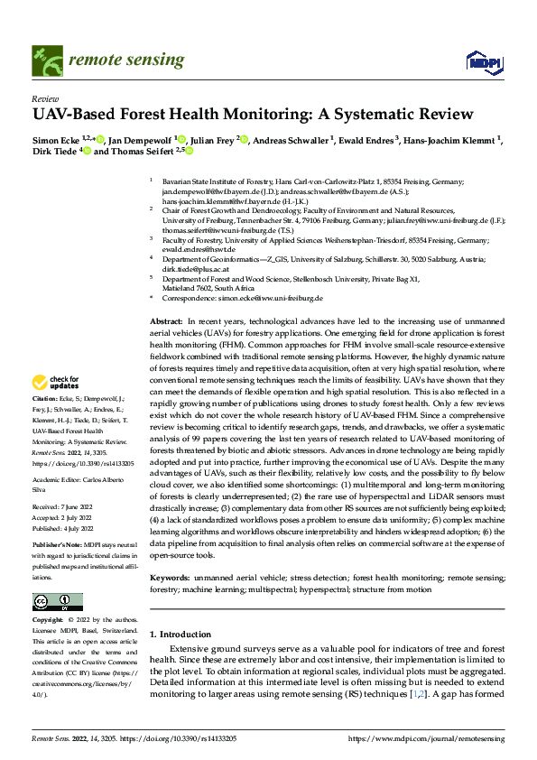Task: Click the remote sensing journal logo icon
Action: [44, 60]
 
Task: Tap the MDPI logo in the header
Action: [482, 61]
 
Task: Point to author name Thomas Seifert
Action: [150, 153]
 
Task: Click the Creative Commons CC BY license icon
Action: [58, 602]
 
